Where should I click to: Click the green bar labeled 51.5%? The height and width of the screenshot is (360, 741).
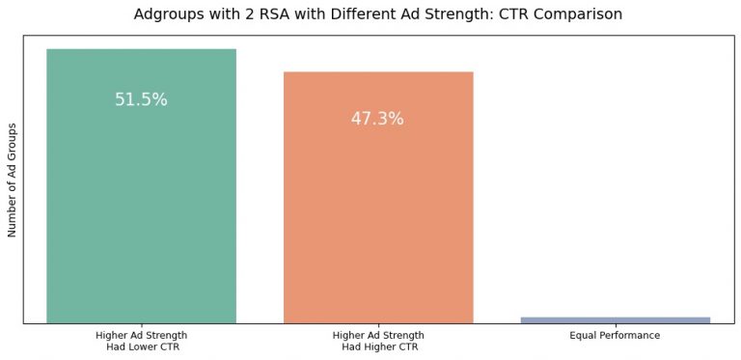[x=141, y=193]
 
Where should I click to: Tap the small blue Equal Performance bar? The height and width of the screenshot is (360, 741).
[x=615, y=319]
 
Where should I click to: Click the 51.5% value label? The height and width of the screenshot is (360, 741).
[x=141, y=99]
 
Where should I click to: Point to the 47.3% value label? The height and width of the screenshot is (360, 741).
[x=377, y=120]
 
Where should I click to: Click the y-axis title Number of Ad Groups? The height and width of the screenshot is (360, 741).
[x=13, y=180]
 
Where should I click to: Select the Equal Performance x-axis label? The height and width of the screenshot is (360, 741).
[x=615, y=335]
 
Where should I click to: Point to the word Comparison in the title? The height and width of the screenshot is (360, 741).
[x=575, y=14]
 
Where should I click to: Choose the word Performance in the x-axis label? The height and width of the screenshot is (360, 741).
[x=627, y=335]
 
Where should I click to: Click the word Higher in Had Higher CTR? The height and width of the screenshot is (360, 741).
[x=379, y=346]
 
